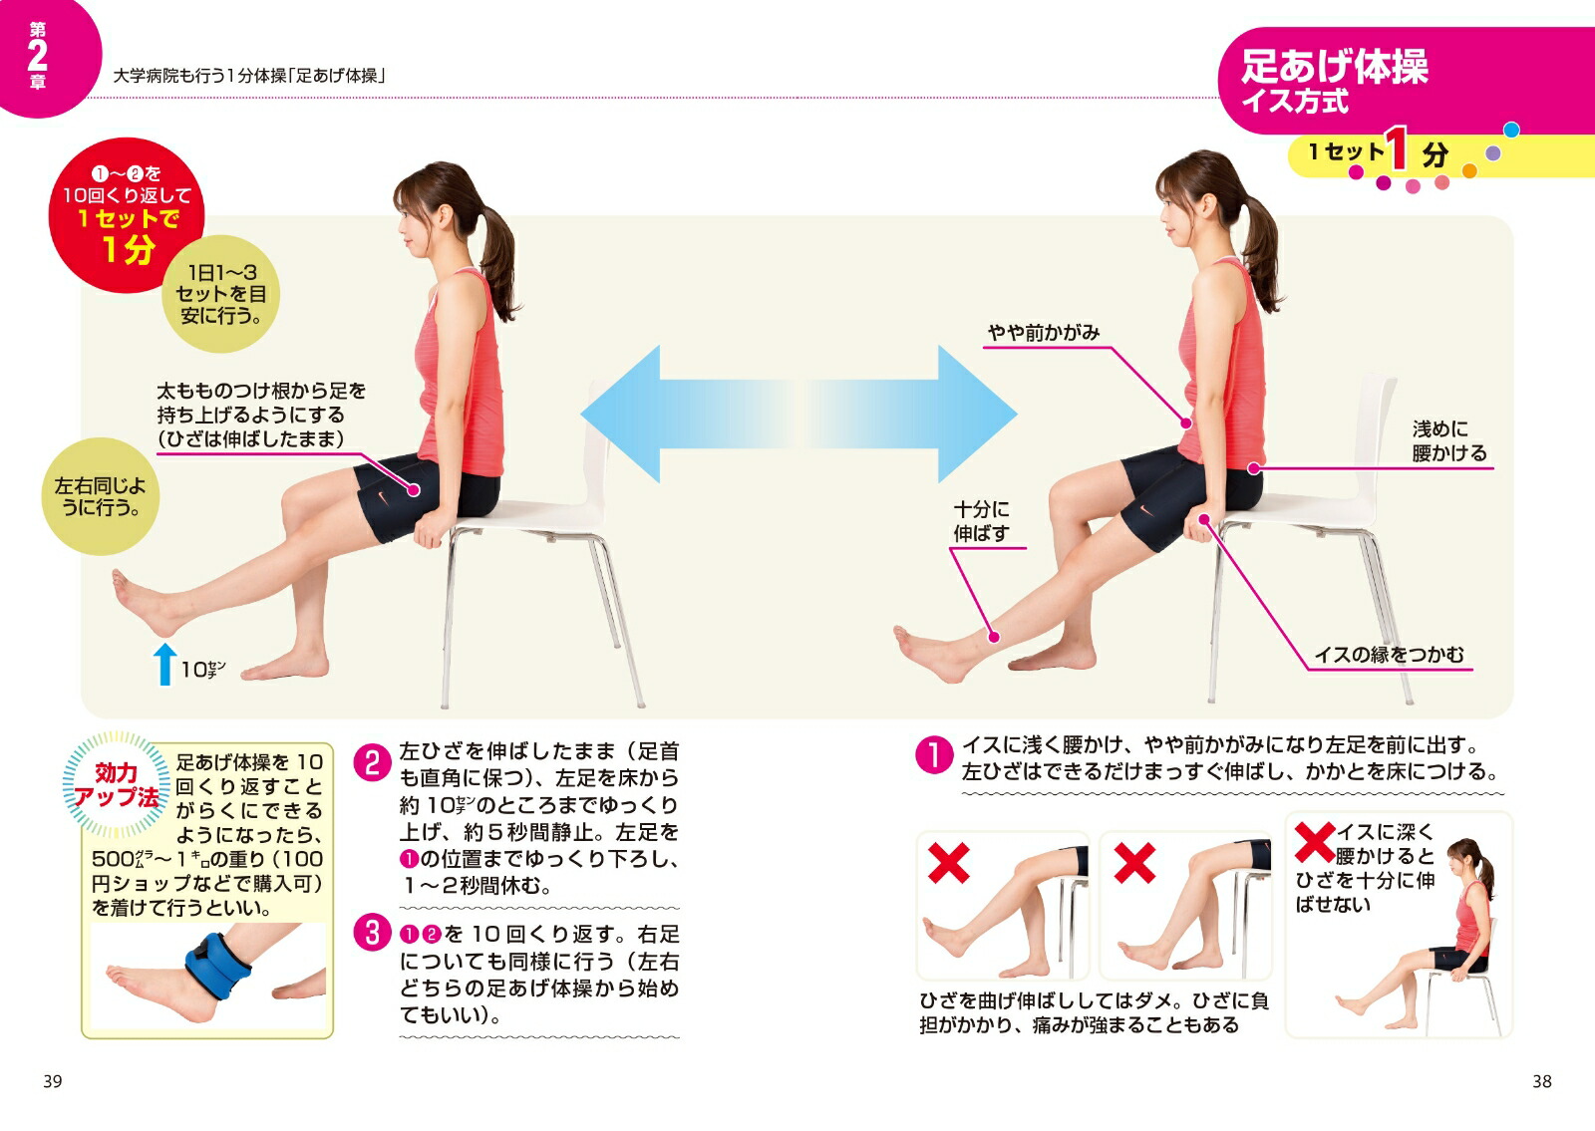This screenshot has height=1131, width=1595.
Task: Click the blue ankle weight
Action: point(217,965)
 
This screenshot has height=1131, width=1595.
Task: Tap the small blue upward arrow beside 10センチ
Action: point(165,664)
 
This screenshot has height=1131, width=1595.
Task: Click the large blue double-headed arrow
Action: point(798,415)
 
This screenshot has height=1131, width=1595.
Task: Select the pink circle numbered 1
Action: point(934,754)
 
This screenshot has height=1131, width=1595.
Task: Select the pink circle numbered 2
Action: point(373,762)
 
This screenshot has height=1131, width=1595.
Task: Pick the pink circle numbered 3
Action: point(373,933)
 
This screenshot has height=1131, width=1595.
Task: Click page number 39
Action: point(53,1082)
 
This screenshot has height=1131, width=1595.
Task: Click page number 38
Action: point(1541,1082)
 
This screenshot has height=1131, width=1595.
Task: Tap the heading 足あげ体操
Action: point(1335,67)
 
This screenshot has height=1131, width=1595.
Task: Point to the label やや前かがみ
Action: point(1043,333)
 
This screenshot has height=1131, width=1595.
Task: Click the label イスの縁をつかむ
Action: point(1389,654)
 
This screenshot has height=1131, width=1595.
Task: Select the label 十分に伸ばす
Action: point(981,521)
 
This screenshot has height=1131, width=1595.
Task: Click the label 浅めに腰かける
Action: point(1449,441)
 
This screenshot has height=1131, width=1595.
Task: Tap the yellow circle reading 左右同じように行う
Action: point(101,496)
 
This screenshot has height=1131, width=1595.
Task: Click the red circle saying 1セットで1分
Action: point(127,215)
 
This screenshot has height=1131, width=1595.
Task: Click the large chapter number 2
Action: point(37,55)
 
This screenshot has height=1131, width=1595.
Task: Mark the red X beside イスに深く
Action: point(1315,843)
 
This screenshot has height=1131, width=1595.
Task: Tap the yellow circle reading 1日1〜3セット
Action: point(220,294)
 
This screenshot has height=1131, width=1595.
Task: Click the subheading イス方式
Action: point(1295,101)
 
